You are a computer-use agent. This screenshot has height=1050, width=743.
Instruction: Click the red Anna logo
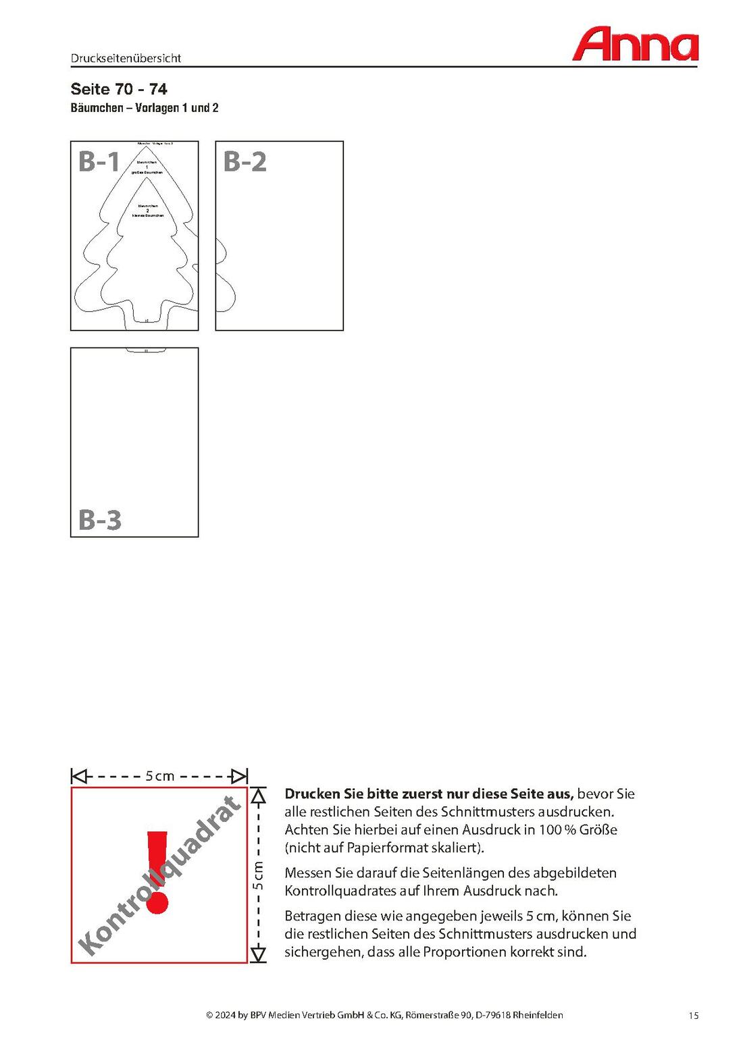[635, 45]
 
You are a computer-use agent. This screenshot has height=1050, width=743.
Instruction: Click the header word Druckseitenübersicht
[126, 58]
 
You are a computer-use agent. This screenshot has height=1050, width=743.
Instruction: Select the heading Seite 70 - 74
[119, 89]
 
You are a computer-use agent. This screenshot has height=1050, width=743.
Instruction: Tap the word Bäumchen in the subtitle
[97, 108]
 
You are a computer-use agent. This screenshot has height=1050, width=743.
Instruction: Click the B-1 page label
[99, 162]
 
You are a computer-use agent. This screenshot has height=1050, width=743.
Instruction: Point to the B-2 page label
[245, 162]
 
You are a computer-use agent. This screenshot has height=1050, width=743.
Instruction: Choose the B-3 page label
[99, 520]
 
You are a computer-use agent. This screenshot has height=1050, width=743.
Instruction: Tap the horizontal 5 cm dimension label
[160, 776]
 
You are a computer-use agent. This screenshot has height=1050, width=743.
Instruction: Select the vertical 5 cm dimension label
[258, 875]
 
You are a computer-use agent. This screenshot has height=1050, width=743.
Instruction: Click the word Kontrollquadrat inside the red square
[159, 876]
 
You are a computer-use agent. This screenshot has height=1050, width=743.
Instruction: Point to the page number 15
[694, 1016]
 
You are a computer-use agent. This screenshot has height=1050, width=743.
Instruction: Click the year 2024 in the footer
[226, 1015]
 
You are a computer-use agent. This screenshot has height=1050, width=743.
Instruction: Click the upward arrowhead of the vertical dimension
[259, 797]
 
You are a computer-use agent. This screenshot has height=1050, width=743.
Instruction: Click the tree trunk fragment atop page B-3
[145, 350]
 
